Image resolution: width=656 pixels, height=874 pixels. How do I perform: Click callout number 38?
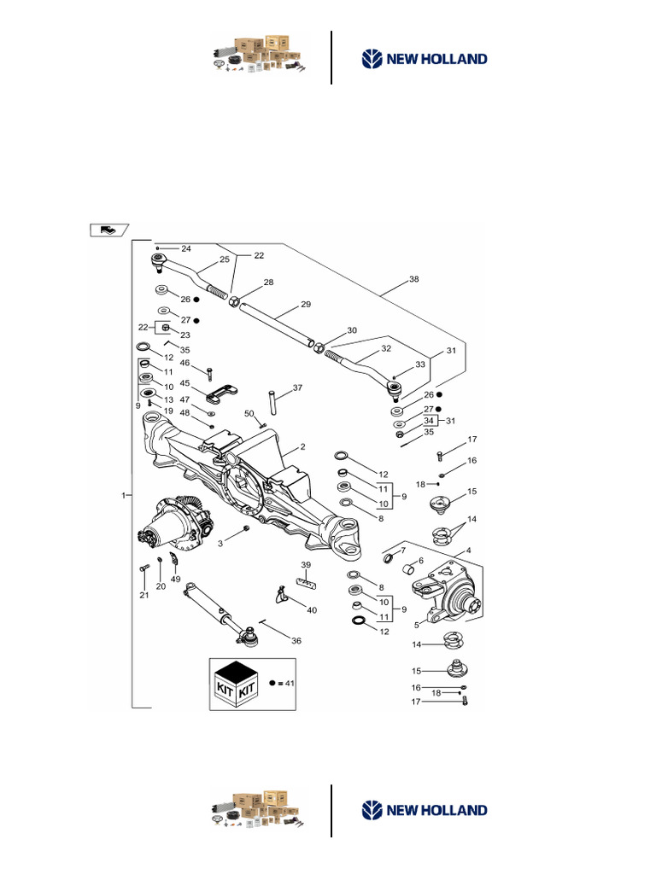[414, 279]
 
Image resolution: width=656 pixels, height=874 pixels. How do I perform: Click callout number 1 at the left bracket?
[125, 495]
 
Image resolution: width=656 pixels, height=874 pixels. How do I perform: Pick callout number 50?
[249, 413]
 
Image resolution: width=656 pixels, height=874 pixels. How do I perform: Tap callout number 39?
[306, 565]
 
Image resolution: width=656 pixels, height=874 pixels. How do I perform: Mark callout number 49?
[175, 579]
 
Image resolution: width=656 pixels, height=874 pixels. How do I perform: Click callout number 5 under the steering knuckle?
[416, 625]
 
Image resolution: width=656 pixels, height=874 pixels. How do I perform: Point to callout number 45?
[184, 383]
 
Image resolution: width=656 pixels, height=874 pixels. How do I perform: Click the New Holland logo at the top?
[425, 59]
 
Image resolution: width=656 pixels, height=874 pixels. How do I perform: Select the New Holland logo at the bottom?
[425, 810]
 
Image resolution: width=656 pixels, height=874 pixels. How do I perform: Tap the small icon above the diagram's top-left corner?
[108, 229]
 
